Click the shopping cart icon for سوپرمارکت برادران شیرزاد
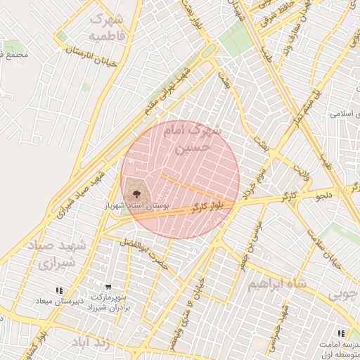[x=108, y=287]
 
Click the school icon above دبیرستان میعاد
[x=59, y=290]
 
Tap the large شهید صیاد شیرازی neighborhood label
[x=57, y=255]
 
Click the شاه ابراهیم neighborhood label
[x=278, y=285]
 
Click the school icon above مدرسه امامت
[x=341, y=333]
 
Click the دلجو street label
[x=327, y=194]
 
